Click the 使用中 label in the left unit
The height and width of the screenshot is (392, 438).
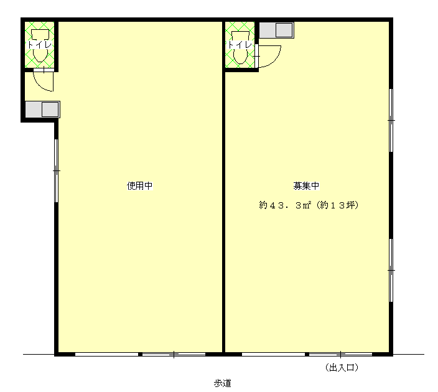[x=139, y=186]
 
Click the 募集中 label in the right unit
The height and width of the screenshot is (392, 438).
[x=306, y=186]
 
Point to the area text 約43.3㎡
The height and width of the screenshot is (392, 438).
[x=285, y=205]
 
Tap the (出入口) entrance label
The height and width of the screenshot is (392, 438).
[x=342, y=368]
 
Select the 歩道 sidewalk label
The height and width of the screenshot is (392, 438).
[x=222, y=383]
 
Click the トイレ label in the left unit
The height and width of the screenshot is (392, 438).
[x=40, y=45]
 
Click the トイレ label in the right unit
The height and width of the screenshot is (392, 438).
[x=240, y=45]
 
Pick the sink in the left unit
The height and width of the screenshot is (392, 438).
[x=42, y=110]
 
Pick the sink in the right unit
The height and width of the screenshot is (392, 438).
[x=276, y=30]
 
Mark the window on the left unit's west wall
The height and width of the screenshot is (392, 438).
[x=56, y=170]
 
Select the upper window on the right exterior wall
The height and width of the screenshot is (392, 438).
[x=391, y=121]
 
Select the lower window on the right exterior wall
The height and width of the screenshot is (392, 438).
[x=391, y=270]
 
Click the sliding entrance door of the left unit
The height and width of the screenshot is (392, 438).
[x=140, y=354]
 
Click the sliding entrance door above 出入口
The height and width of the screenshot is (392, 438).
[x=307, y=354]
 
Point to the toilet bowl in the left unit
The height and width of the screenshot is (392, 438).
[x=40, y=46]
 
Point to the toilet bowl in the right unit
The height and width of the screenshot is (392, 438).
[x=241, y=47]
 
